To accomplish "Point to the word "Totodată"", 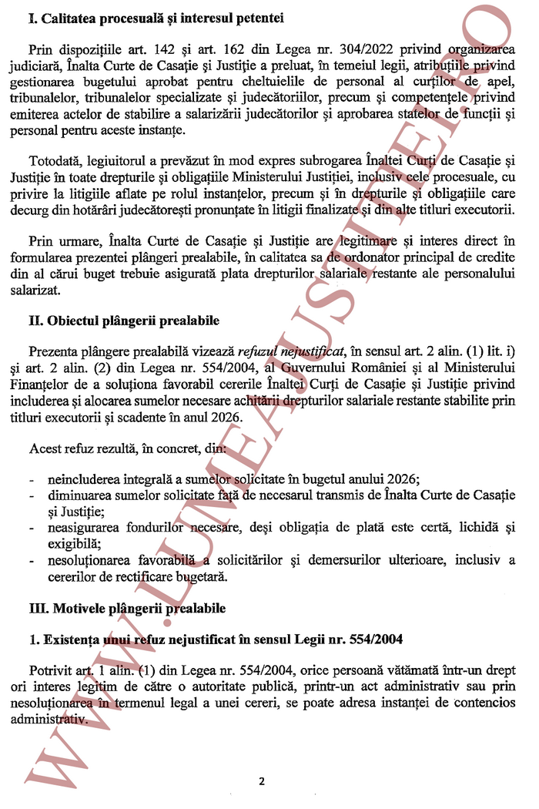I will tap(55, 163).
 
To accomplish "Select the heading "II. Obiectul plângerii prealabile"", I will tap(124, 321).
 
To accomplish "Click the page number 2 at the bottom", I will tap(262, 780).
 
